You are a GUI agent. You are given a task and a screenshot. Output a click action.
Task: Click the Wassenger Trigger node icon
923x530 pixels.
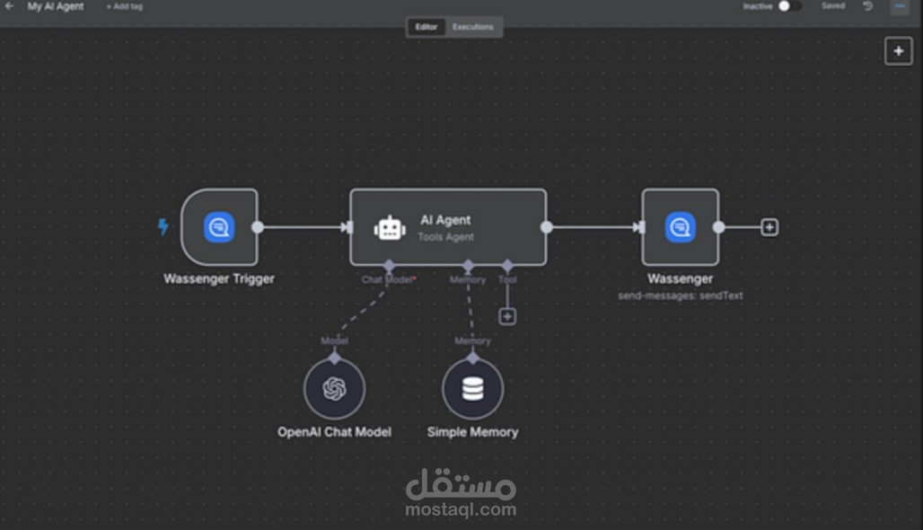[219, 227]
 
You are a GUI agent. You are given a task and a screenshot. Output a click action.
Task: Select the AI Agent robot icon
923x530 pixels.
[390, 228]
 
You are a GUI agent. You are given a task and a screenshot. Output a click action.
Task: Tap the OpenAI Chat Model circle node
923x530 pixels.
[334, 389]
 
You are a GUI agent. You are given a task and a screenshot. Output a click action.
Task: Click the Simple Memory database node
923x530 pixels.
[472, 389]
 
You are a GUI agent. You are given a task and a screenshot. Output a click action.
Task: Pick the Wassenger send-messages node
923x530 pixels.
[681, 227]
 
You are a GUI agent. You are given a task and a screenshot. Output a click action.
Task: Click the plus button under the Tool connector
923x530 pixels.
[507, 316]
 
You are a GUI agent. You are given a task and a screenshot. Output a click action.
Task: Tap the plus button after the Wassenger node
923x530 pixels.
[769, 227]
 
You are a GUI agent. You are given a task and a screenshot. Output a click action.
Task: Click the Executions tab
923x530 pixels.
[473, 27]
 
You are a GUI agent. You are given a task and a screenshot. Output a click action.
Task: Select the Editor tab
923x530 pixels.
[426, 27]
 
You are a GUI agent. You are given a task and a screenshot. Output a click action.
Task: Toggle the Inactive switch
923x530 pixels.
[789, 6]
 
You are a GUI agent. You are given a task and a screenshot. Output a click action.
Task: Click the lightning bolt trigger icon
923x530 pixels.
[163, 227]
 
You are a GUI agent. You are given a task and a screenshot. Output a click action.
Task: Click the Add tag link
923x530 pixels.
[125, 6]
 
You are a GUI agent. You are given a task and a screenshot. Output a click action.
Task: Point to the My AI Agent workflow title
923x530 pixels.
[56, 6]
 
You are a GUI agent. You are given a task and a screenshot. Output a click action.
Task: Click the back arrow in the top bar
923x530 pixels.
[9, 6]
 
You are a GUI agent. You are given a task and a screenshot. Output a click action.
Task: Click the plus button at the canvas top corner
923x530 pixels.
[899, 51]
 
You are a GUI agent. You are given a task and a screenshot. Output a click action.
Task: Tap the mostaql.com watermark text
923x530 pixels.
[461, 510]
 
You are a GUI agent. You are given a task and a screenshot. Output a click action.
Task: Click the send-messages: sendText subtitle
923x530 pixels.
[681, 296]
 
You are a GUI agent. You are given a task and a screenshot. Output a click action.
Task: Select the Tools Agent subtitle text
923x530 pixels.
[446, 237]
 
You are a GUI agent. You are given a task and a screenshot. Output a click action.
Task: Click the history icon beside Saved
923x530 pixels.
[868, 6]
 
